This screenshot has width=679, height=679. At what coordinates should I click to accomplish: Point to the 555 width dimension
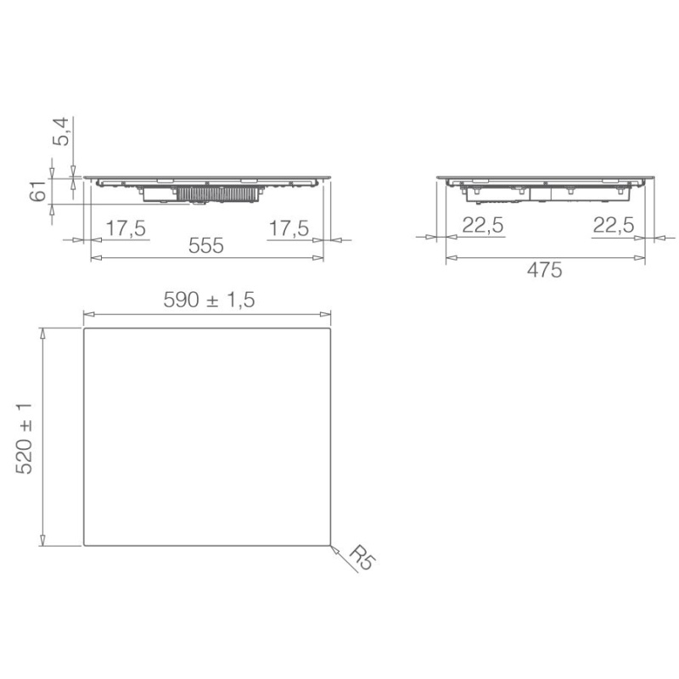pyautogui.click(x=206, y=246)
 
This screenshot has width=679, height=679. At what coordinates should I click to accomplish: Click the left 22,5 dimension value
pyautogui.click(x=483, y=225)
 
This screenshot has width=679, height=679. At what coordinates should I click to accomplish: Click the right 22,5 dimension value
pyautogui.click(x=612, y=225)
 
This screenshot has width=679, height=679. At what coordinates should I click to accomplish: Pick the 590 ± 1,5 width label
pyautogui.click(x=208, y=300)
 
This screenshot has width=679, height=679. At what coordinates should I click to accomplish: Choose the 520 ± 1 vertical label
pyautogui.click(x=25, y=438)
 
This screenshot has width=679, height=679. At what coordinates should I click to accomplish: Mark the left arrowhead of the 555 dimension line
pyautogui.click(x=94, y=257)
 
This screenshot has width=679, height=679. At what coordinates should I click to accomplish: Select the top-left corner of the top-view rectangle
pyautogui.click(x=84, y=330)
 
